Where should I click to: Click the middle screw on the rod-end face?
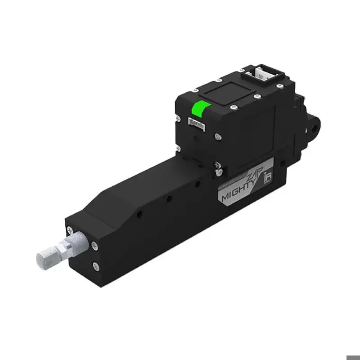click(95, 246)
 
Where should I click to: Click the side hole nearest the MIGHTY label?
click(196, 184)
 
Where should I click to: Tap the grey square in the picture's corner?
click(353, 357)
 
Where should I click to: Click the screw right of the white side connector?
click(216, 135)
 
